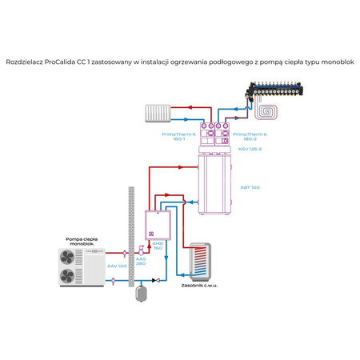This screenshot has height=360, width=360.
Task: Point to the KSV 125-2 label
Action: pos(249,150)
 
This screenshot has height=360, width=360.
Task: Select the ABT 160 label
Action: pos(249,187)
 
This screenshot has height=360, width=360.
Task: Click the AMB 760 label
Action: pos(158,246)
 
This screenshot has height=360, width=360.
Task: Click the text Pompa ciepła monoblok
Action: pos(82,241)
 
